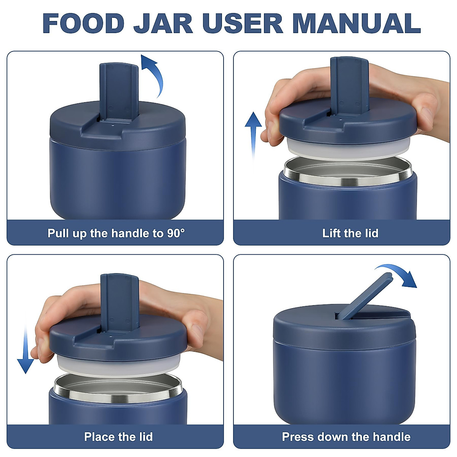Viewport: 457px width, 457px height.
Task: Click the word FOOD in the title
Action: [x=83, y=23]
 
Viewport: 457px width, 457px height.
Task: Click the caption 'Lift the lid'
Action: [x=350, y=233]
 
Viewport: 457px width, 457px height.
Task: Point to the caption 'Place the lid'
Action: [x=118, y=436]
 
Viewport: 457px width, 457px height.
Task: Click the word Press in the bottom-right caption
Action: [x=298, y=436]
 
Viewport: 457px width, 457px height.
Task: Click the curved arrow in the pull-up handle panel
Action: [x=154, y=74]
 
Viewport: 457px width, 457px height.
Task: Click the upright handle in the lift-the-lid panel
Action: [x=349, y=86]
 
